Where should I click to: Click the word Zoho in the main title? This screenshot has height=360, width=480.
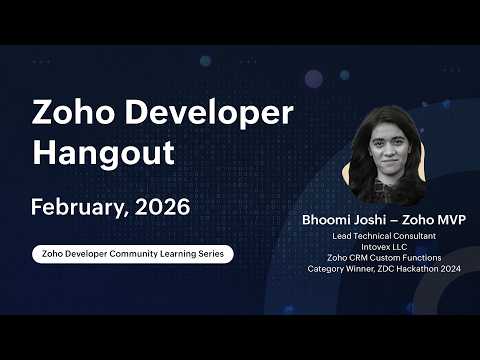(73, 112)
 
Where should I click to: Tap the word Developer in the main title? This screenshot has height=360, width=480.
(209, 113)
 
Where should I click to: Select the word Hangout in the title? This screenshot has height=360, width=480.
(103, 153)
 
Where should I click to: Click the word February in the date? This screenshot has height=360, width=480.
(77, 208)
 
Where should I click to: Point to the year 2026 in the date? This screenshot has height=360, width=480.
(163, 207)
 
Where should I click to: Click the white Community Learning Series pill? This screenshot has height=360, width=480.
(133, 254)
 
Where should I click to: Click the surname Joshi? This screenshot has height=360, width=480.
(370, 220)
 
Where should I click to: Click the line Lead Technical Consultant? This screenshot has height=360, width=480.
(384, 236)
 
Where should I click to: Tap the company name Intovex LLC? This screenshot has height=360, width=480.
(384, 247)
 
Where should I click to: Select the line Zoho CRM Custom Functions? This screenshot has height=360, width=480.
(384, 258)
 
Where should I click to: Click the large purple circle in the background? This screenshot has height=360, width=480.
(314, 79)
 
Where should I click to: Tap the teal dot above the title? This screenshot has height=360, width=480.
(205, 61)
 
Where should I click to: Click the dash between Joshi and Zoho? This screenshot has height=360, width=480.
(394, 220)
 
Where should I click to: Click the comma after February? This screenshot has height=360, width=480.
(126, 214)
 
